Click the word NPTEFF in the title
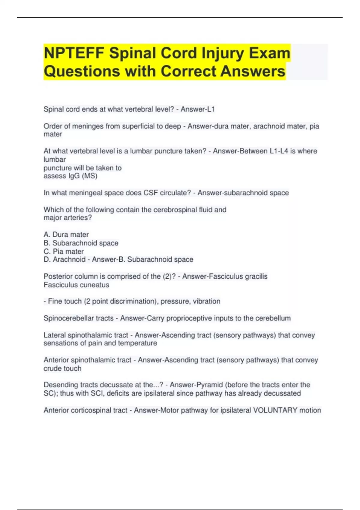click(x=73, y=53)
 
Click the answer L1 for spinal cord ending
click(x=211, y=109)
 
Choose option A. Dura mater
click(x=66, y=235)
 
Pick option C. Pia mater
click(x=64, y=251)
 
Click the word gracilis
click(x=256, y=276)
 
